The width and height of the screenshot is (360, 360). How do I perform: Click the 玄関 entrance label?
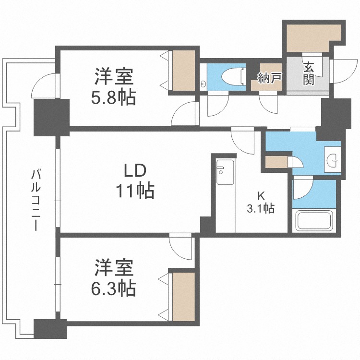(x=309, y=73)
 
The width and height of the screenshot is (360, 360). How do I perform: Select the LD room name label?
(x=135, y=171)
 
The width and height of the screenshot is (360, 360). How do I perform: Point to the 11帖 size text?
(x=135, y=191)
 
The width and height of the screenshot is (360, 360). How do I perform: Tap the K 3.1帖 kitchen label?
(x=261, y=202)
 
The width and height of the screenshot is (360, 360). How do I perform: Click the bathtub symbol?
(x=314, y=221)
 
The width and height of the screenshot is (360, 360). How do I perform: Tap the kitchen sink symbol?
(x=225, y=172)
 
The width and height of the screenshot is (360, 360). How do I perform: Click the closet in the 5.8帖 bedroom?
(x=184, y=71)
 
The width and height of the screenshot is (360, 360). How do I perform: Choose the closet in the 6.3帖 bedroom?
(x=184, y=297)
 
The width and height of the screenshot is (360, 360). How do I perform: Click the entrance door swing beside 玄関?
(x=344, y=71)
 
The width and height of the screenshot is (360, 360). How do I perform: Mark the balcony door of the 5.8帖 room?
(x=45, y=85)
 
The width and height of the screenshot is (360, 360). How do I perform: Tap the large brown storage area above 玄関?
(x=312, y=38)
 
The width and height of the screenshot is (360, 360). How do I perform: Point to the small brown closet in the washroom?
(x=276, y=162)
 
